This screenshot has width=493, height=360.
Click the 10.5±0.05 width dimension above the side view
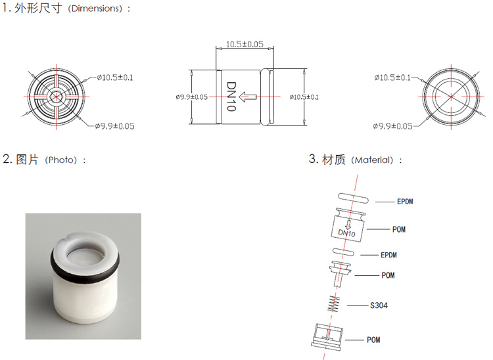(x=245, y=44)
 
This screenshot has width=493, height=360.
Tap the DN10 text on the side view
(x=231, y=97)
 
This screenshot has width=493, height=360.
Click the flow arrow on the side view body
(x=248, y=97)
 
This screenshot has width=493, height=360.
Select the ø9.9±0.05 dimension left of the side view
(x=191, y=97)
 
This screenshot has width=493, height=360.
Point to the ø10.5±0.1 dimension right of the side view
(x=304, y=97)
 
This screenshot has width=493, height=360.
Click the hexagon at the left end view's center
(x=56, y=97)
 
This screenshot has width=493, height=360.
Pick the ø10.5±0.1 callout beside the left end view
(x=115, y=78)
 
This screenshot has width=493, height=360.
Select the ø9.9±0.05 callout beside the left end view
(x=115, y=126)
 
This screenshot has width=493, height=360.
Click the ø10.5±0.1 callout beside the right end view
(x=392, y=78)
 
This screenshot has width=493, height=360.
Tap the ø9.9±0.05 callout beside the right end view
(x=392, y=126)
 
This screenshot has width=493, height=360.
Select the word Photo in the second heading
(x=60, y=160)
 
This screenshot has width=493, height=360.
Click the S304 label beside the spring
(x=379, y=305)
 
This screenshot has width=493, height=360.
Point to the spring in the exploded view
(x=333, y=304)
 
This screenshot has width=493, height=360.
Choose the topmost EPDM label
(x=405, y=202)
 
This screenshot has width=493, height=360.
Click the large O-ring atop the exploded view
(x=354, y=198)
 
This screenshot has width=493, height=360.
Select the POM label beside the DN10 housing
(x=399, y=229)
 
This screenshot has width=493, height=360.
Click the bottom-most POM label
(x=373, y=340)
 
